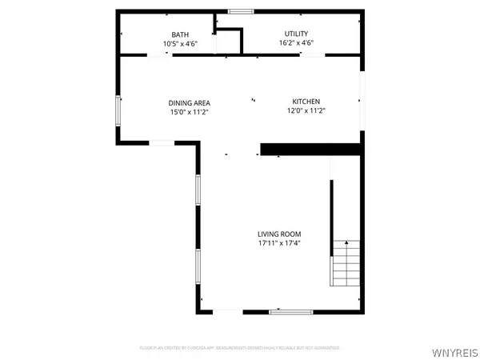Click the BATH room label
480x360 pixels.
click(x=179, y=34)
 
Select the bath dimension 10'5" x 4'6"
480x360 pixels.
click(x=179, y=43)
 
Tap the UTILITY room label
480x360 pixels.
click(x=295, y=34)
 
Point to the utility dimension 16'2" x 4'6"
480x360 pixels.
click(x=295, y=43)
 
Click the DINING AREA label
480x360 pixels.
click(x=189, y=102)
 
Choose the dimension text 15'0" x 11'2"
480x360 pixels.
click(x=189, y=112)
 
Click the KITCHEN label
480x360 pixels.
click(x=306, y=102)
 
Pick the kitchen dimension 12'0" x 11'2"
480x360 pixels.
click(x=306, y=111)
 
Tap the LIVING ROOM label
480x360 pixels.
click(x=278, y=234)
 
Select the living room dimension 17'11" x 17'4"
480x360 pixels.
click(x=278, y=243)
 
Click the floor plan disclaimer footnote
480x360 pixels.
click(x=239, y=348)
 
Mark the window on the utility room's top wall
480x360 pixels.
click(x=239, y=11)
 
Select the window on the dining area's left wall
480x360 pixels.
click(x=118, y=110)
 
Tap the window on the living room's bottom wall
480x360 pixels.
click(x=290, y=311)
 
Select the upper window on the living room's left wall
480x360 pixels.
click(x=198, y=192)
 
